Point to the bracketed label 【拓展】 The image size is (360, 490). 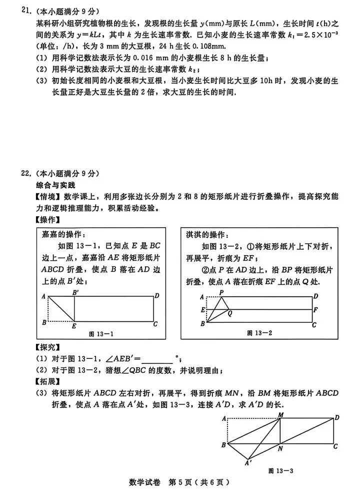click(x=46, y=392)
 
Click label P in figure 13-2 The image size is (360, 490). click(x=221, y=292)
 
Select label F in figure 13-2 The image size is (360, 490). click(x=315, y=310)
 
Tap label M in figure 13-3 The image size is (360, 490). click(x=281, y=415)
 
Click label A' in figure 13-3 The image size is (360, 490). click(x=247, y=463)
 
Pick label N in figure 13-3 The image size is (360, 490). click(x=280, y=448)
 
